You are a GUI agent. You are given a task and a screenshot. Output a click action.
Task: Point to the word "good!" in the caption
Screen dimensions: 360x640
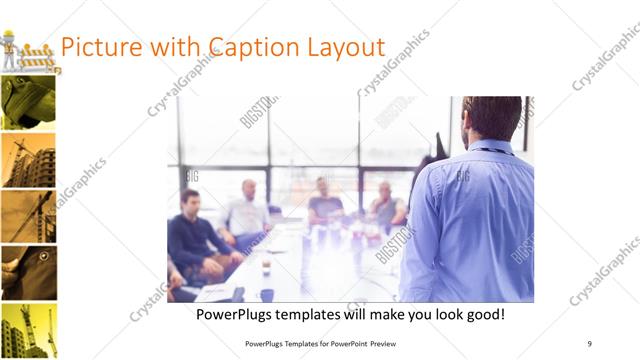[x=481, y=315]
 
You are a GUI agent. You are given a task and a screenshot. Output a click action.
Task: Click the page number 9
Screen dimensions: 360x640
[x=590, y=343]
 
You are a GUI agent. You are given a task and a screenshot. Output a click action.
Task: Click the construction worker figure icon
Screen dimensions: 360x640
[x=9, y=50]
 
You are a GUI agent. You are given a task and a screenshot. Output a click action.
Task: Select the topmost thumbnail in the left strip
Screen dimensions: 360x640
[x=28, y=103]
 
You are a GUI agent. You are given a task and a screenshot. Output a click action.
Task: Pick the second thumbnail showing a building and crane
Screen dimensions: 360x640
[x=28, y=160]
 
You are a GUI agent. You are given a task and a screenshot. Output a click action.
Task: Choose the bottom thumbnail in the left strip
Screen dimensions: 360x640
[x=28, y=331]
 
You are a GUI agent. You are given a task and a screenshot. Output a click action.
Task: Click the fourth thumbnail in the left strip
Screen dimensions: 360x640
[x=28, y=274]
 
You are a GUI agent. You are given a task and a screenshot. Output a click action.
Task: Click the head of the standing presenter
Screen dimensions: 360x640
[x=492, y=118]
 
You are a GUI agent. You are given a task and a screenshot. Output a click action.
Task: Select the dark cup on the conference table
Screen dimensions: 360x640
[x=266, y=294]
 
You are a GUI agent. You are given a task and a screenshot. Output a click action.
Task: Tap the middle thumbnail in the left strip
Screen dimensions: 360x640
[x=28, y=217]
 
